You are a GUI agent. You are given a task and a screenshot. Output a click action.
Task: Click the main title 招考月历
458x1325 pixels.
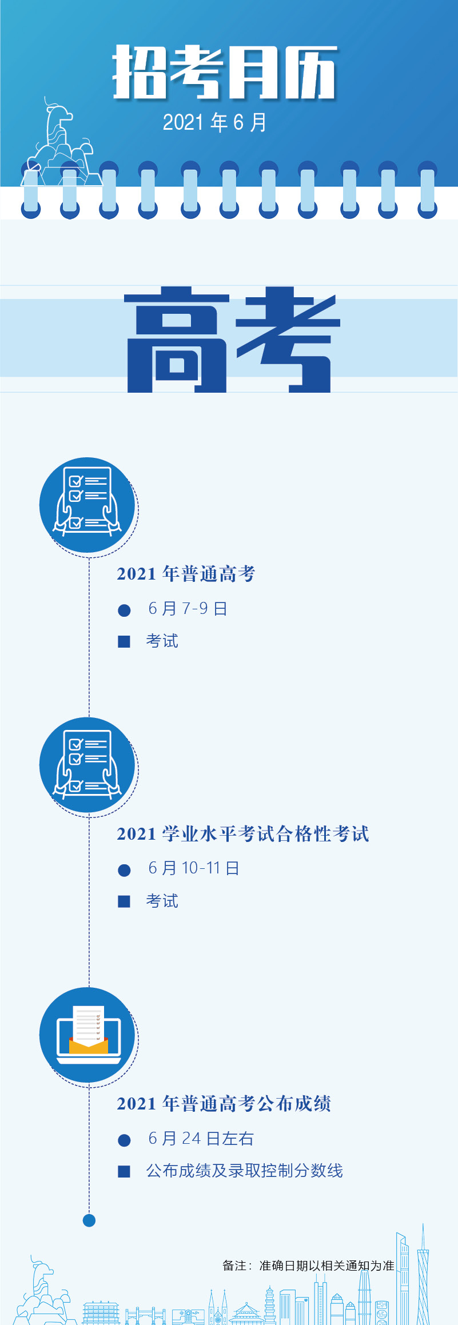point(225,72)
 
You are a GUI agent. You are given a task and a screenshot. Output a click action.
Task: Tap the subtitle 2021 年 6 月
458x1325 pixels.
point(214,122)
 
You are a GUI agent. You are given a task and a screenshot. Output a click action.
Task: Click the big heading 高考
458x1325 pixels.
point(232,340)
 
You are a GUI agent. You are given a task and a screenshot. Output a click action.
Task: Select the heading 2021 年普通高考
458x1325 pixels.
point(186,573)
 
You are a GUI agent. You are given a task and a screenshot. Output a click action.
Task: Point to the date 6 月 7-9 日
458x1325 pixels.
point(188,609)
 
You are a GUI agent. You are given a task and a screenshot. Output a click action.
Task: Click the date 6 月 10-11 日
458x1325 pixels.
point(193,868)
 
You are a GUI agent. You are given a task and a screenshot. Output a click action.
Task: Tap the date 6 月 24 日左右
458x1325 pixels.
point(201,1139)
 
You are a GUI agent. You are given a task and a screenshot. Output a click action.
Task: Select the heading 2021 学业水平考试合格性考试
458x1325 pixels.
point(243,834)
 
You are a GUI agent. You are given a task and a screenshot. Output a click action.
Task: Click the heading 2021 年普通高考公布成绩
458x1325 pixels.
point(224,1104)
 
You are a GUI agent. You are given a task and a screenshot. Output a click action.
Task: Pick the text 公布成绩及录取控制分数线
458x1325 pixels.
point(244,1171)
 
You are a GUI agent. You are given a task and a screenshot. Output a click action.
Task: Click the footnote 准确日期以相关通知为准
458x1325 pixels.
point(326,1266)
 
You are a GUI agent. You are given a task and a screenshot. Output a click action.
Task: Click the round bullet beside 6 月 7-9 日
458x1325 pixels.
point(124,610)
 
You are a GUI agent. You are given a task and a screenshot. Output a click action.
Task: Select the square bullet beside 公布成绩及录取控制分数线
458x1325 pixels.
point(124,1172)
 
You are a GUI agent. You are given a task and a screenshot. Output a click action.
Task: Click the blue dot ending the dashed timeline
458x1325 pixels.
point(89,1220)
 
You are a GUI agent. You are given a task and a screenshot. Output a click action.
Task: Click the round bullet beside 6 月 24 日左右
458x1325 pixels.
point(124,1140)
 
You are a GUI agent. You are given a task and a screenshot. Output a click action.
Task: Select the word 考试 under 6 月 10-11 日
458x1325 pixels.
point(162,901)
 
